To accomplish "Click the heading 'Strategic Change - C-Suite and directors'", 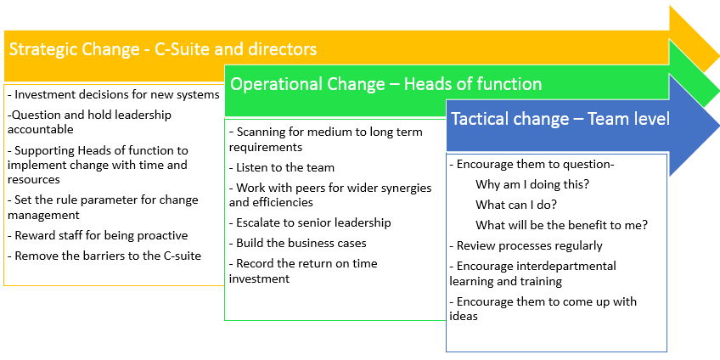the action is [x=163, y=49].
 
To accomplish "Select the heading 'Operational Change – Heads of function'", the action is [x=385, y=84].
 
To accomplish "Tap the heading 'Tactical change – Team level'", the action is [x=560, y=119].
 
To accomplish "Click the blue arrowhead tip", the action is [x=719, y=125].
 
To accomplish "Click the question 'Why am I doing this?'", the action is [x=532, y=184].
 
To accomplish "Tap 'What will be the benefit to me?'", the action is [x=561, y=225].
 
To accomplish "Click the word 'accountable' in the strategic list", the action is [x=41, y=130].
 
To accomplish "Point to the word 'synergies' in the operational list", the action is [x=404, y=188].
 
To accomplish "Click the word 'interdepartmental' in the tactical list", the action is [x=565, y=266].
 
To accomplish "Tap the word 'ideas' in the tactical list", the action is [x=464, y=316].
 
